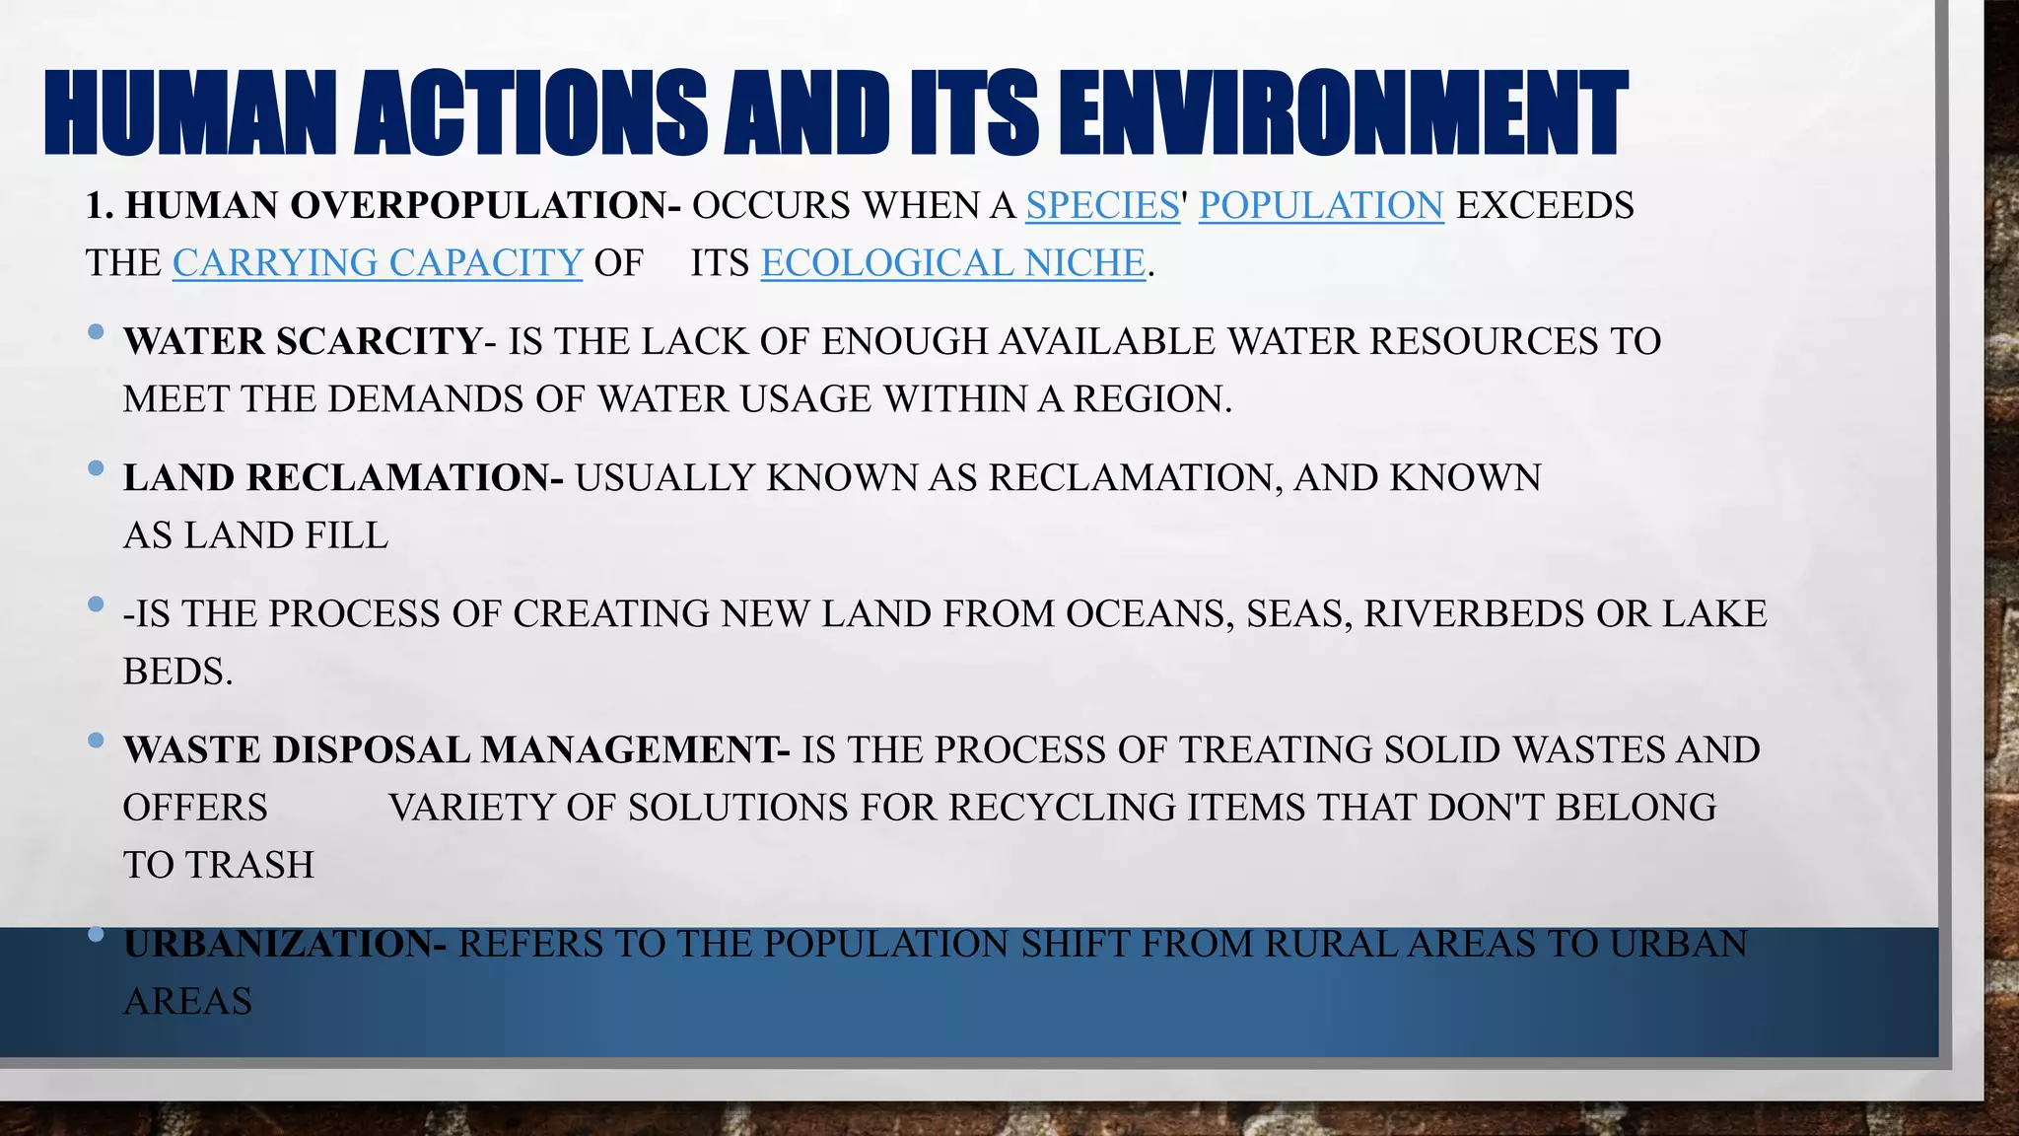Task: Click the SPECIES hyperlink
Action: click(x=1102, y=206)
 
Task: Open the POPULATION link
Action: click(x=1321, y=206)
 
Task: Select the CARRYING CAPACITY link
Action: click(x=378, y=263)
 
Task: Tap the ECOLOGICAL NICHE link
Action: click(x=952, y=263)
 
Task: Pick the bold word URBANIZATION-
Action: click(x=285, y=944)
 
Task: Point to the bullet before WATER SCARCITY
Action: click(x=96, y=333)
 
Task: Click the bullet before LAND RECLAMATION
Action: click(x=96, y=469)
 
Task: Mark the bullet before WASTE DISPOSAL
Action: click(x=96, y=741)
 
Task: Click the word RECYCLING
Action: click(x=1062, y=808)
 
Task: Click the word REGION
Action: click(x=1151, y=399)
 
